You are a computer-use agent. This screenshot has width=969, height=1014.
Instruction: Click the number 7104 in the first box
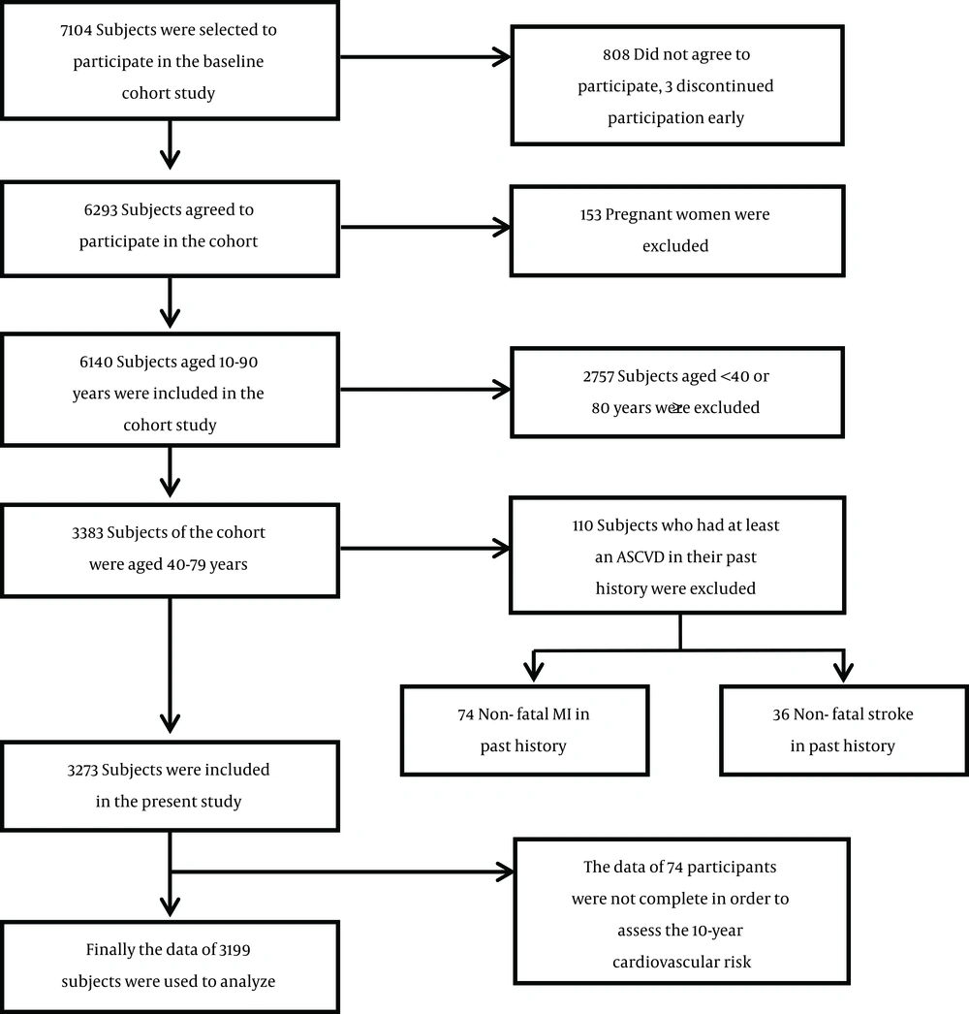77,30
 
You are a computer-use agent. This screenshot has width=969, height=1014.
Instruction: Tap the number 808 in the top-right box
616,54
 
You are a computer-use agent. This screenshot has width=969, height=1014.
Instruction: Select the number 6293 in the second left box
100,209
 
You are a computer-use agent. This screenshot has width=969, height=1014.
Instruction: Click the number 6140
96,362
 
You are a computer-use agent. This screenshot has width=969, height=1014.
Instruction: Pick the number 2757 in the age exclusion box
599,376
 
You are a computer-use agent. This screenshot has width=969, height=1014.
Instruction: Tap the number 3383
87,532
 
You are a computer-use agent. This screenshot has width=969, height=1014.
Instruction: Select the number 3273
82,770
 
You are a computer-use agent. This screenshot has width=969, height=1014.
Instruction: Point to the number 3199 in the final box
234,949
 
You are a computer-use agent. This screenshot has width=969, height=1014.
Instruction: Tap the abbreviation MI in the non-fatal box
562,713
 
